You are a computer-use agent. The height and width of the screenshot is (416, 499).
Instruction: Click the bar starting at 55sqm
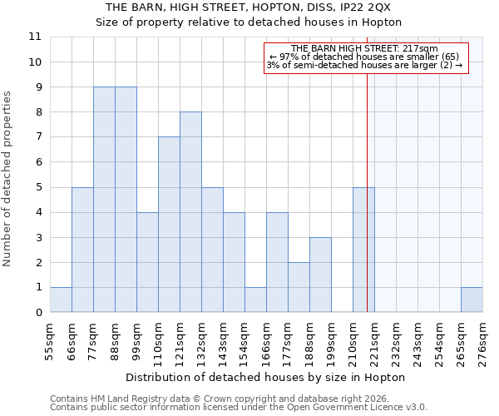pyautogui.click(x=61, y=300)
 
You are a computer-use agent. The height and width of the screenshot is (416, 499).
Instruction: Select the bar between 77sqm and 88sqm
pyautogui.click(x=104, y=200)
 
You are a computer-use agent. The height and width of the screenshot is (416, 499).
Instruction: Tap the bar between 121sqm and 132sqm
pyautogui.click(x=190, y=212)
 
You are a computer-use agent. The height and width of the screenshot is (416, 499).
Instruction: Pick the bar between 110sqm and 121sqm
pyautogui.click(x=169, y=225)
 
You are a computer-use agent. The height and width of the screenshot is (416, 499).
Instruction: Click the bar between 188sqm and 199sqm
pyautogui.click(x=320, y=275)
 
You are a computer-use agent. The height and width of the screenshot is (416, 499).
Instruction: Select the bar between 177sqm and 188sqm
pyautogui.click(x=299, y=287)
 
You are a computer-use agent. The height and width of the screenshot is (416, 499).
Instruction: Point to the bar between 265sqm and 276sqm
pyautogui.click(x=472, y=300)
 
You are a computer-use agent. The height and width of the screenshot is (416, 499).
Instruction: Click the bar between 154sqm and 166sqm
pyautogui.click(x=255, y=300)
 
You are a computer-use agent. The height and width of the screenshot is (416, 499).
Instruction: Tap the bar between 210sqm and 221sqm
pyautogui.click(x=363, y=250)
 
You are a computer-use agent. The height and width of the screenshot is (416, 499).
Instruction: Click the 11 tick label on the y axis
pyautogui.click(x=35, y=37)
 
